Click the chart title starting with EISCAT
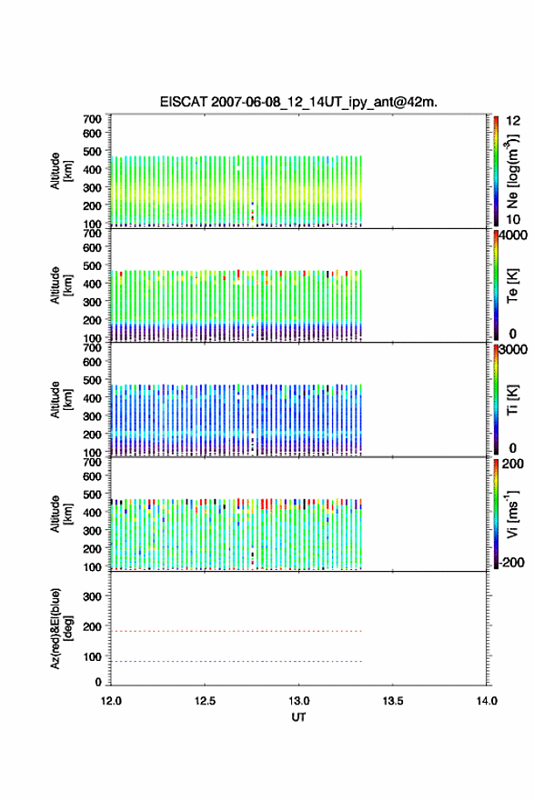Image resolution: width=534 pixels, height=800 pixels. (x=298, y=102)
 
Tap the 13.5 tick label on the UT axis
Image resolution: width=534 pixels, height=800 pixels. (x=393, y=701)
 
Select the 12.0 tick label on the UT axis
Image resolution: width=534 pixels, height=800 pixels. (x=111, y=701)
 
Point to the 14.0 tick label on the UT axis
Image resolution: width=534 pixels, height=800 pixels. (x=487, y=701)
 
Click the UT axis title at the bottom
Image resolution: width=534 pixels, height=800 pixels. (x=298, y=717)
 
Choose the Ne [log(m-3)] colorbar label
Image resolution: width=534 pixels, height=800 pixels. (x=512, y=171)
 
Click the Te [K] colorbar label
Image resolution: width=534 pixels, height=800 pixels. (x=512, y=285)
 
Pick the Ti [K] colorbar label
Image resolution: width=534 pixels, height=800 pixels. (x=512, y=400)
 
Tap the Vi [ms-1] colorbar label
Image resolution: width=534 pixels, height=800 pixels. (x=512, y=515)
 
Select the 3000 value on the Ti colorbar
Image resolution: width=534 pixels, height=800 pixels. (x=513, y=350)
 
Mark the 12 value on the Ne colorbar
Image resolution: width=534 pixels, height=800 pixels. (x=513, y=121)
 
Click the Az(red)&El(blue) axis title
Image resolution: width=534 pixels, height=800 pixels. (x=61, y=628)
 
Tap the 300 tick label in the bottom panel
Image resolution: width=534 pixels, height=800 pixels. (x=92, y=596)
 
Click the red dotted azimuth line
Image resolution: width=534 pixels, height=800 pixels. (x=237, y=631)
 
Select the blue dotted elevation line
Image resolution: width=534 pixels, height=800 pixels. (x=237, y=661)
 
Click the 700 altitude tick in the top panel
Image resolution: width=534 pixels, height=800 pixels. (x=92, y=119)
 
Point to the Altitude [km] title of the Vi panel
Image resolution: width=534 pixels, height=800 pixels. (x=61, y=515)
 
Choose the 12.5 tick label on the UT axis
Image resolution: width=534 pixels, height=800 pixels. (x=205, y=701)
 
